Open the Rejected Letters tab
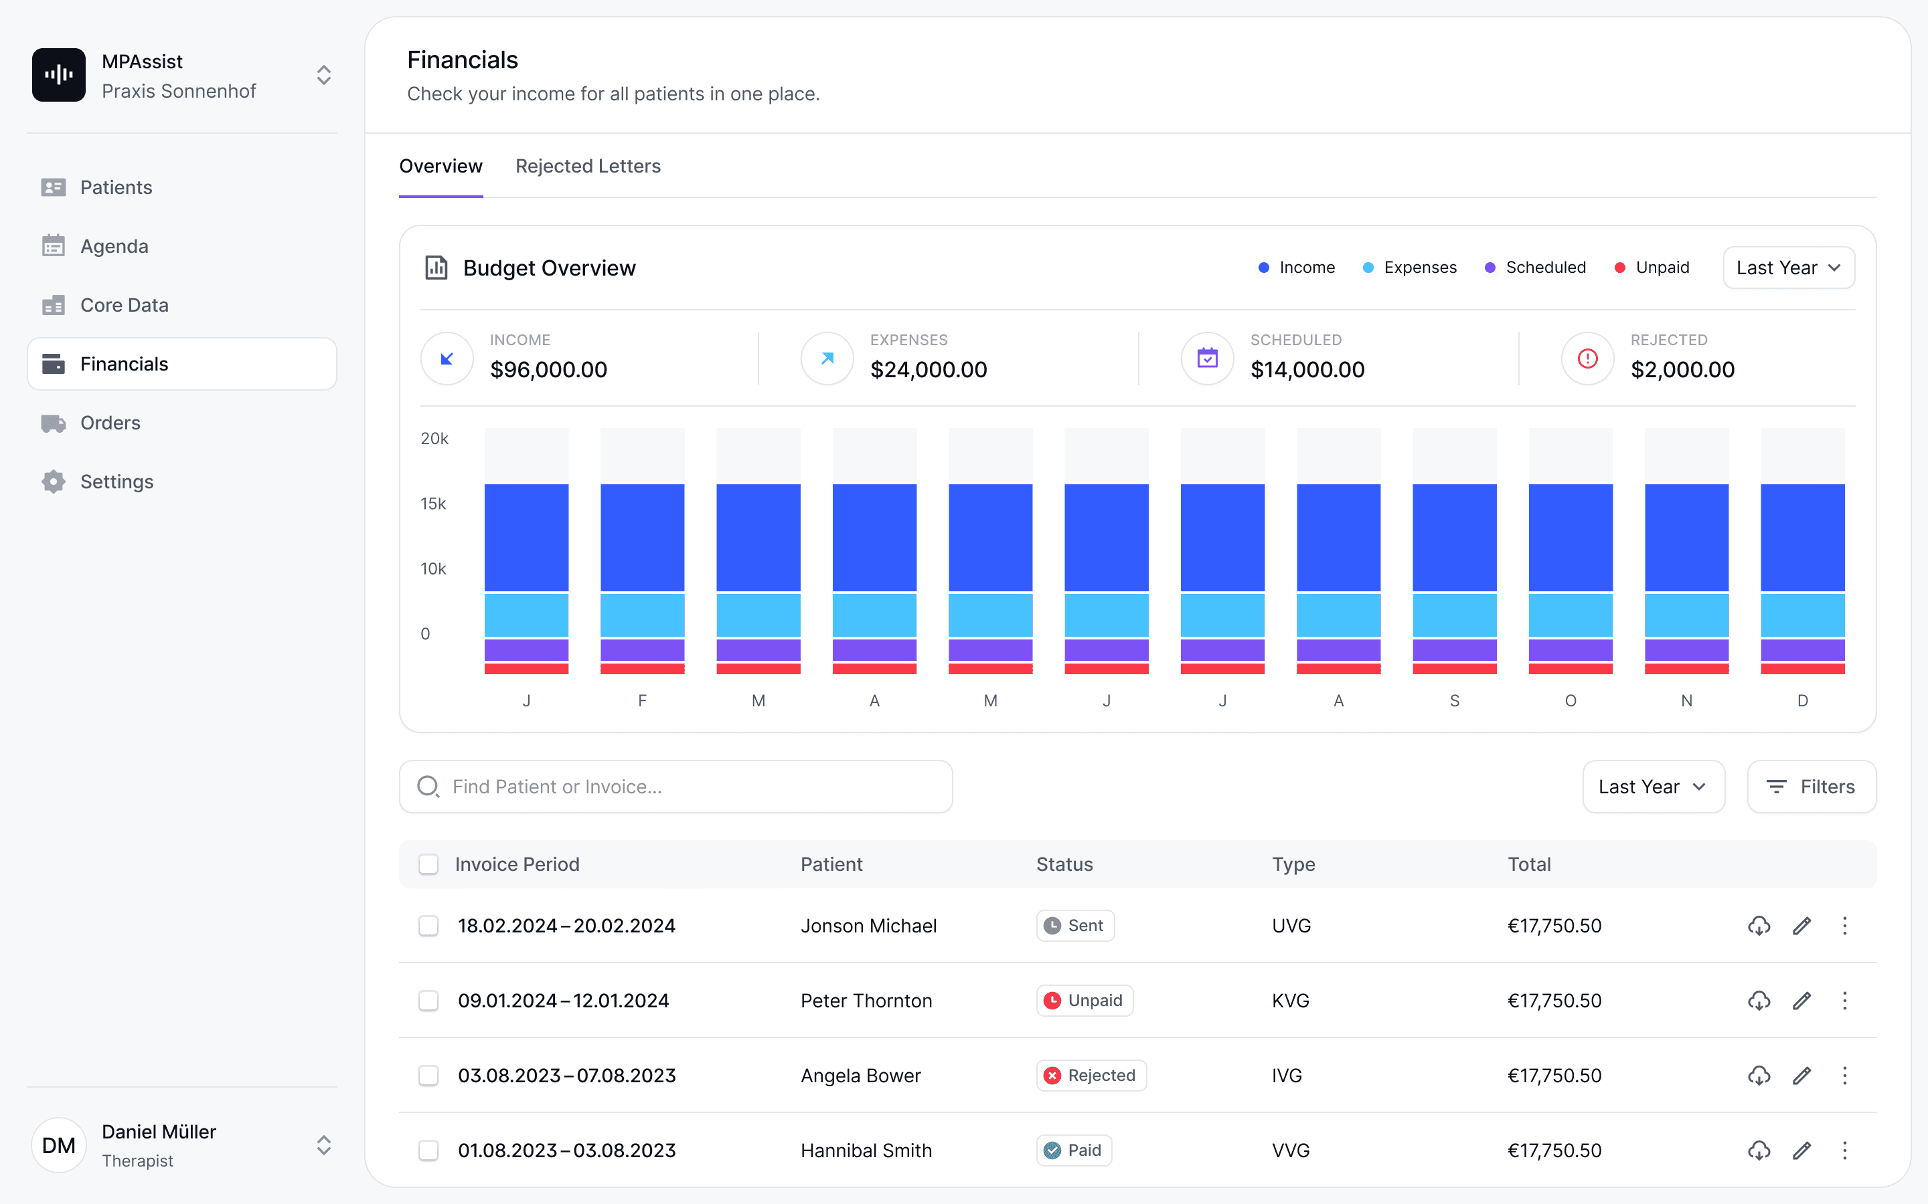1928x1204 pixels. click(x=588, y=166)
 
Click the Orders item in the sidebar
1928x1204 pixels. click(x=110, y=423)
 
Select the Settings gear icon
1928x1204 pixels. click(x=54, y=482)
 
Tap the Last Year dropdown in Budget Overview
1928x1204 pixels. click(x=1789, y=268)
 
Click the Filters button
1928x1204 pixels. click(x=1812, y=787)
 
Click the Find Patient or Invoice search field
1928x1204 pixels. click(x=675, y=787)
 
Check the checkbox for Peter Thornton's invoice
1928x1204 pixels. click(x=428, y=1000)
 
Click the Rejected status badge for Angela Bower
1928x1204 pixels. click(x=1091, y=1075)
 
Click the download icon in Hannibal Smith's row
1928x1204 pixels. click(x=1759, y=1150)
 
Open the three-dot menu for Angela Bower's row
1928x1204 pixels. click(x=1844, y=1075)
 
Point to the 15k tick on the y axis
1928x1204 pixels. click(x=433, y=503)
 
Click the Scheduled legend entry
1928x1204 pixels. click(x=1535, y=268)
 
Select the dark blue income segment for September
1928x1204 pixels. click(x=1454, y=538)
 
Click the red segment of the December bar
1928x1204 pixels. click(x=1802, y=669)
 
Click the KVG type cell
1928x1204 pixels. click(x=1291, y=1000)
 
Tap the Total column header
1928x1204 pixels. click(x=1529, y=864)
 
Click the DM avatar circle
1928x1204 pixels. click(x=59, y=1145)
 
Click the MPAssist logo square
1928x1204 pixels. click(x=59, y=75)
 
